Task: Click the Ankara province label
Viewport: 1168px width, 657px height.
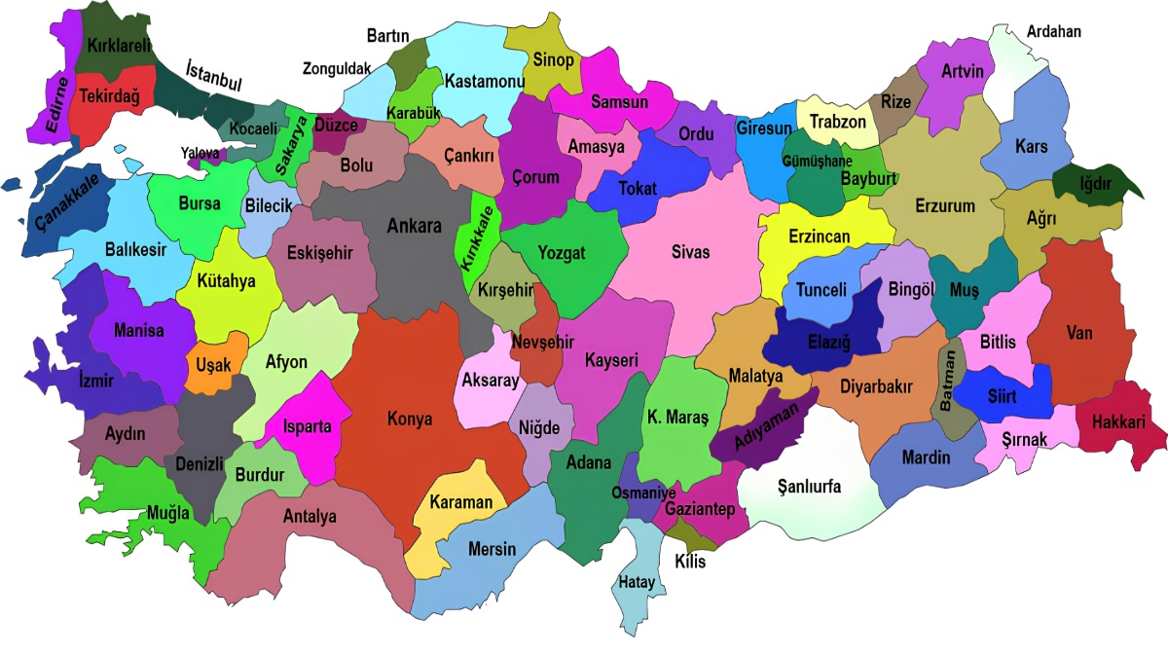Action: [x=414, y=226]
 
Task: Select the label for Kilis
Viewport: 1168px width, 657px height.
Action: [x=689, y=562]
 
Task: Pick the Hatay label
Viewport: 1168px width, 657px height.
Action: [x=637, y=583]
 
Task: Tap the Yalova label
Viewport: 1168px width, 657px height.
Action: [x=201, y=152]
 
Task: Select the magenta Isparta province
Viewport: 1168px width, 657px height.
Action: [x=307, y=426]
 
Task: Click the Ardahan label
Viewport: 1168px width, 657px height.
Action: [x=1053, y=31]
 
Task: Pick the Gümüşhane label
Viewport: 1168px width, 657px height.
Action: [x=817, y=161]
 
